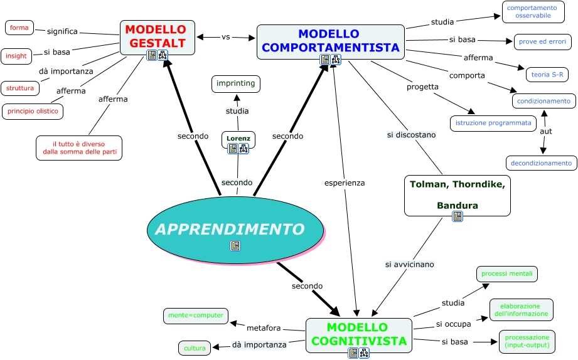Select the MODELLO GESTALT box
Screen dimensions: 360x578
point(157,36)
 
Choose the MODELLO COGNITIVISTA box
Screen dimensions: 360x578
point(358,334)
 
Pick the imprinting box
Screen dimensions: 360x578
point(235,83)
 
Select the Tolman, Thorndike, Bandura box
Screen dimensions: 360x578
point(457,194)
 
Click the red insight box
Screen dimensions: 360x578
point(16,56)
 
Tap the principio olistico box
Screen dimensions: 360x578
point(33,112)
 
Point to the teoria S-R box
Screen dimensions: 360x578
point(547,75)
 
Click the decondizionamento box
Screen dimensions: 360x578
point(541,163)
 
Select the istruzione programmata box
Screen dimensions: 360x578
point(493,123)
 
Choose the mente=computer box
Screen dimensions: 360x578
point(196,315)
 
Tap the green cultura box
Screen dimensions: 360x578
point(195,347)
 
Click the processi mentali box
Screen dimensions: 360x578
point(507,274)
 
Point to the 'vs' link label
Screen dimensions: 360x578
point(226,37)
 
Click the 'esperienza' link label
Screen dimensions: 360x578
point(345,183)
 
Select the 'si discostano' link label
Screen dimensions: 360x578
point(410,135)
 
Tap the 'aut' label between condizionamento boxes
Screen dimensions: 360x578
point(545,132)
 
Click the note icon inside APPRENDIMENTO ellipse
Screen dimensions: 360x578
point(235,246)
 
